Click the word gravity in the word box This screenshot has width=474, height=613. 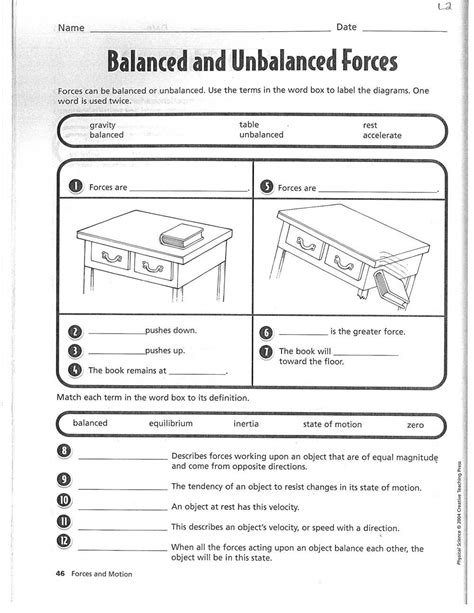pos(102,125)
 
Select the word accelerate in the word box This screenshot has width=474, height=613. pos(382,135)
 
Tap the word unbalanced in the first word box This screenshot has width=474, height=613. pos(261,134)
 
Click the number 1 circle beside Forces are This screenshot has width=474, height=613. pos(75,186)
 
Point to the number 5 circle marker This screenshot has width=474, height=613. pos(267,187)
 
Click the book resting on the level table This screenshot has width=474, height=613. pos(181,236)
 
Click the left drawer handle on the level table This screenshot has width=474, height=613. pos(112,257)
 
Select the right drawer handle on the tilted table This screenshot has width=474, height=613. pos(344,263)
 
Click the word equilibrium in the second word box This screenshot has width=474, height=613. pos(171,423)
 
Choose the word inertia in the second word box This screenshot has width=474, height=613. pos(246,423)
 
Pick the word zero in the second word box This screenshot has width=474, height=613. pos(415,425)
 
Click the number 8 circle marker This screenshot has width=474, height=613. pos(64,451)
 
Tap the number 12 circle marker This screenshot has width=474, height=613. pos(64,541)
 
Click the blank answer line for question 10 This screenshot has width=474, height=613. pos(123,510)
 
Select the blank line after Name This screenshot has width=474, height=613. pos(210,31)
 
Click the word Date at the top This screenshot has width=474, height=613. pos(347,27)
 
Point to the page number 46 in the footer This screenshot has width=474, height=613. pos(60,574)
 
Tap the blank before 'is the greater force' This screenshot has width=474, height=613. pos(303,335)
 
